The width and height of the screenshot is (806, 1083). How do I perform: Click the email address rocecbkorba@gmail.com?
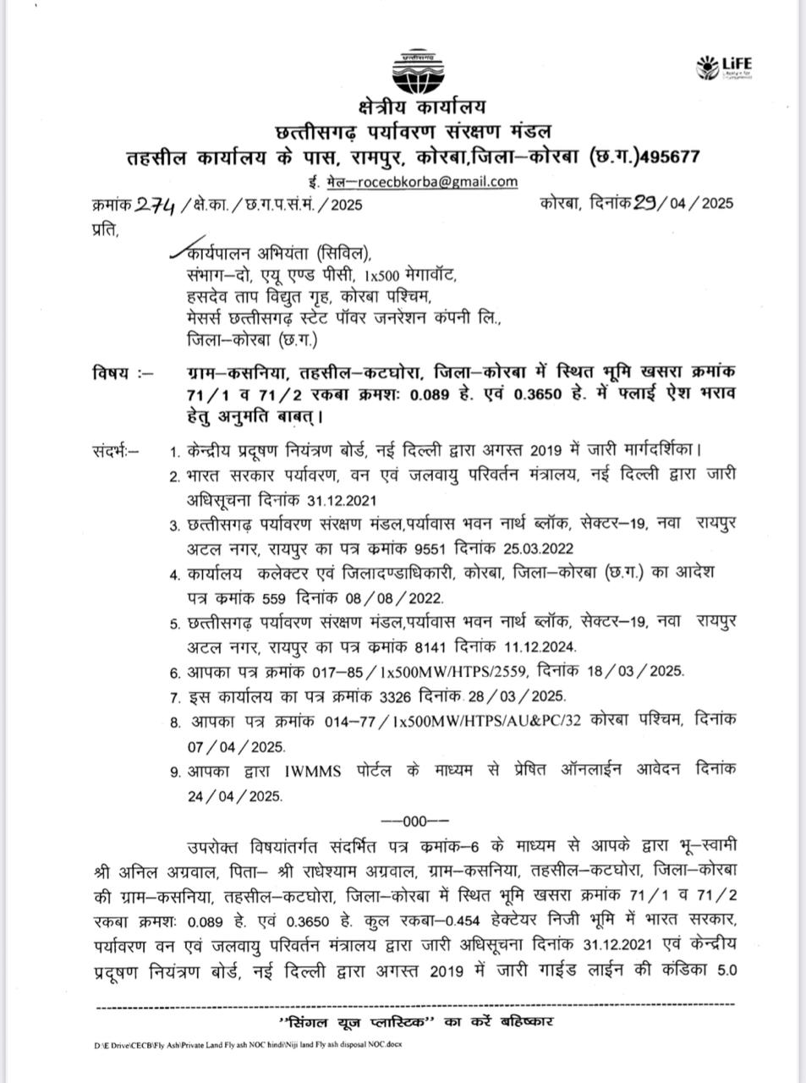coord(437,181)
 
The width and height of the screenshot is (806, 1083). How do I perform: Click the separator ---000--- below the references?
coord(414,820)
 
